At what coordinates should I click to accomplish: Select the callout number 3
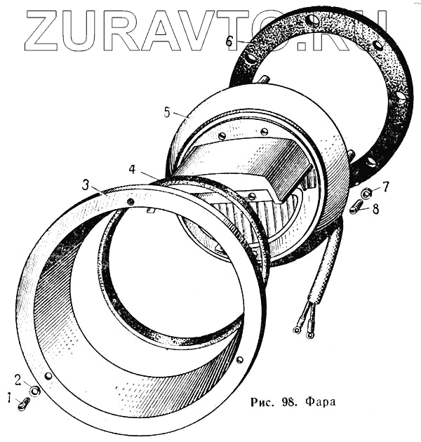(x=85, y=185)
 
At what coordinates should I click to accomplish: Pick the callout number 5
(x=167, y=112)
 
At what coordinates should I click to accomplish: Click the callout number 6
(x=229, y=41)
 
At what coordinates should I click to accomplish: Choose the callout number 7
(x=385, y=187)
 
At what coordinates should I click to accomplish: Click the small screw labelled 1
(x=25, y=403)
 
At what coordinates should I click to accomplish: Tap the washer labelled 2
(x=34, y=390)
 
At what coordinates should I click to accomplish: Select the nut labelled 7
(x=366, y=192)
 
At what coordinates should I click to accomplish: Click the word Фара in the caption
(x=320, y=403)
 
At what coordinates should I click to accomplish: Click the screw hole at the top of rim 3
(x=131, y=201)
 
